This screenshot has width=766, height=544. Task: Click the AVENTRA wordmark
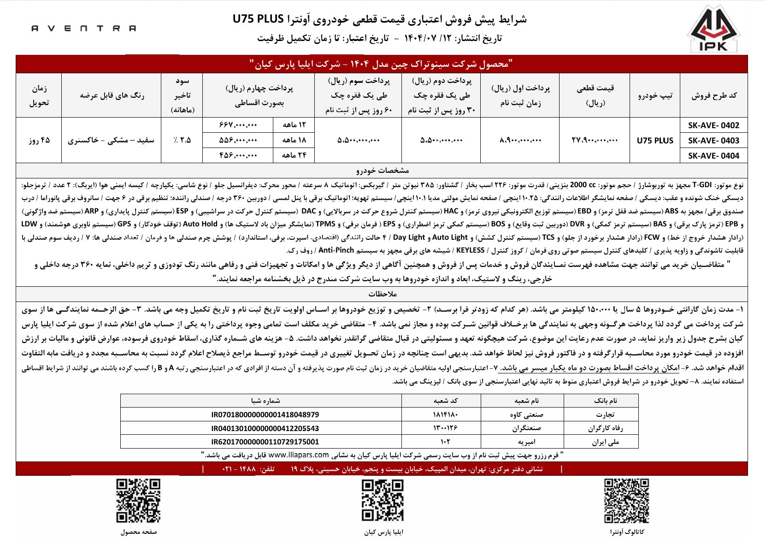coord(84,28)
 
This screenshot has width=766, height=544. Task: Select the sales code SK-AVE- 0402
coord(713,125)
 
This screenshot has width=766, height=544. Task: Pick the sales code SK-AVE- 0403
coord(713,141)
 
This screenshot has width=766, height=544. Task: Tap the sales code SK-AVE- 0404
coord(713,155)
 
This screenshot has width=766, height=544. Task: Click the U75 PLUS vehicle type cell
coord(654,141)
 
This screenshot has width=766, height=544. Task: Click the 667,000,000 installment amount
coord(238,125)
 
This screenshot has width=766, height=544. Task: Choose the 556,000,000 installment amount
coord(238,141)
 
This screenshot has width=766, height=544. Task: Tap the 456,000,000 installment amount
coord(238,155)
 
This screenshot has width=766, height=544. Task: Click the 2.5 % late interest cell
coord(182,141)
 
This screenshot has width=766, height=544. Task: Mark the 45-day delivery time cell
coord(39,141)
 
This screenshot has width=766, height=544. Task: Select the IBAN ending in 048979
coord(265,415)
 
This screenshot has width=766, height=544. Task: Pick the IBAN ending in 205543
coord(265,428)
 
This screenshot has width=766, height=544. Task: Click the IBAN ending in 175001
coord(265,442)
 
